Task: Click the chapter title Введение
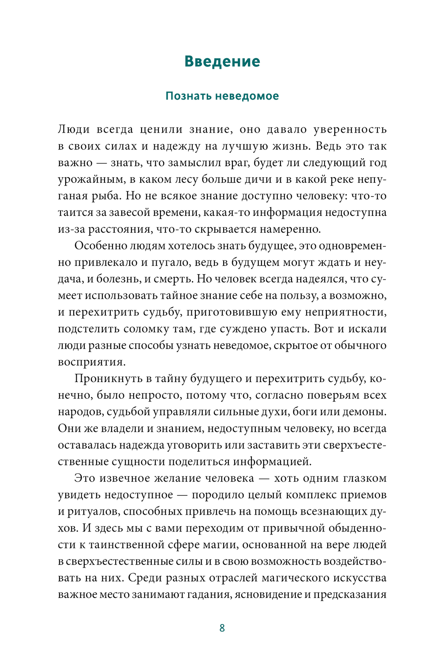(222, 61)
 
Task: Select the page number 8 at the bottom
(222, 628)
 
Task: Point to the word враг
(237, 163)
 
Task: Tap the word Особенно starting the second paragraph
(100, 245)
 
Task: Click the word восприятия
(91, 362)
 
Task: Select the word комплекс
(313, 495)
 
